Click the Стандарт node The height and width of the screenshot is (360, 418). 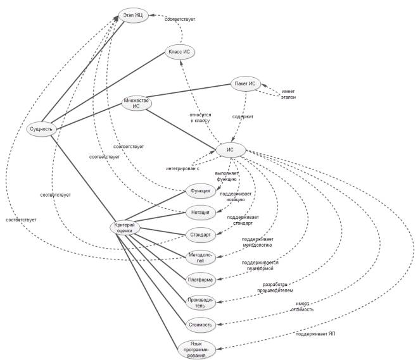click(x=200, y=235)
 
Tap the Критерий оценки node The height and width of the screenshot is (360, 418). click(x=123, y=228)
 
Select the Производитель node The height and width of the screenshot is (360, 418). click(x=200, y=302)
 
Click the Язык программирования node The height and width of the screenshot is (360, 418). click(x=196, y=348)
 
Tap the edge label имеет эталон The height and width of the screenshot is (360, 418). click(x=288, y=95)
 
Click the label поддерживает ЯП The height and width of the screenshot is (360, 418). click(x=315, y=333)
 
